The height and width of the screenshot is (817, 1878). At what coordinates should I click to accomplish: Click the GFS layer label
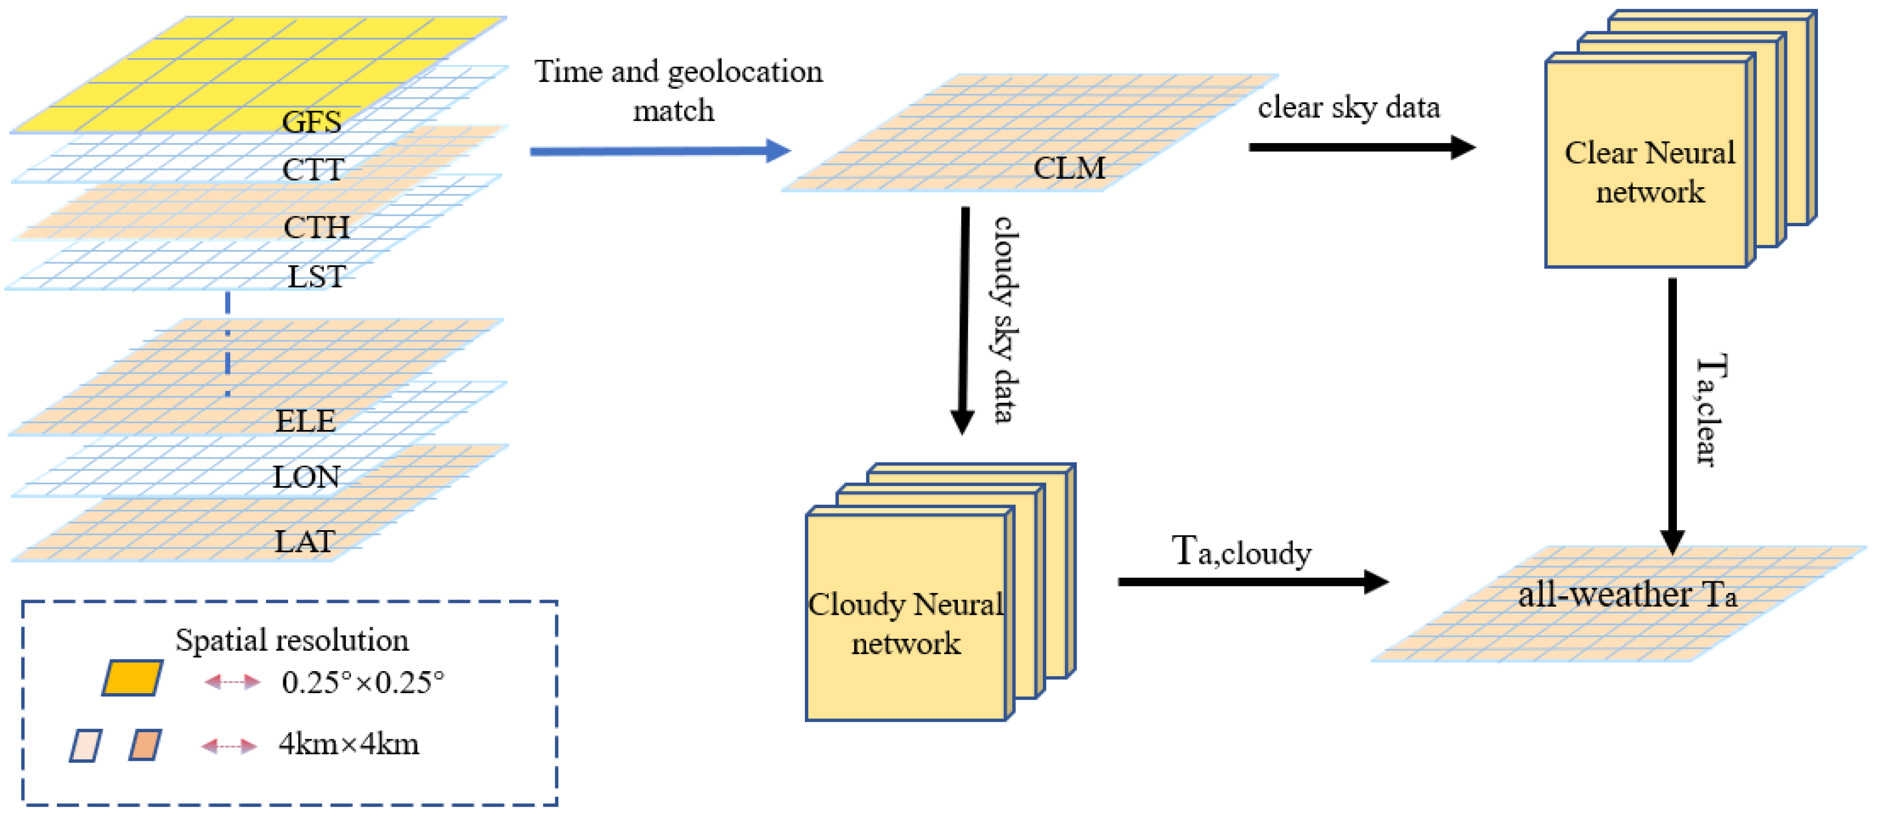[311, 122]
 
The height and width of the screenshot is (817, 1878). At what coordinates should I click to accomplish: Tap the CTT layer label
[313, 170]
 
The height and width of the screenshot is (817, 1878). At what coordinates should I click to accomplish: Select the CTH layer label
[316, 227]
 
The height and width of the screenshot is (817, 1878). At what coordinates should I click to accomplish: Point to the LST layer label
[316, 276]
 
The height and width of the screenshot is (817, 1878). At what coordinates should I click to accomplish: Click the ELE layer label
[305, 421]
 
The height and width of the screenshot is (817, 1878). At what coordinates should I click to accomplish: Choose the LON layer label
[306, 477]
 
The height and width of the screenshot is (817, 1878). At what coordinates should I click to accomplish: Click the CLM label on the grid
[1069, 168]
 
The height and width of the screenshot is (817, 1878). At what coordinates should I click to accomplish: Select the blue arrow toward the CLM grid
[660, 151]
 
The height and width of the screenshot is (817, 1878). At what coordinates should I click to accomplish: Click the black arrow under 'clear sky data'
[1361, 147]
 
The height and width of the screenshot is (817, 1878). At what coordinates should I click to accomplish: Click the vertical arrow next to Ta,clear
[1671, 416]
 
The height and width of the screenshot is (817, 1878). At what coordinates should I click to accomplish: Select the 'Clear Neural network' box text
[1650, 173]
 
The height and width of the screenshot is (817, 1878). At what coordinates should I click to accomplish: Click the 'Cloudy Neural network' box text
[906, 623]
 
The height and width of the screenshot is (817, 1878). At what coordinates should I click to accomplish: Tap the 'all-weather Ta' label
[1627, 594]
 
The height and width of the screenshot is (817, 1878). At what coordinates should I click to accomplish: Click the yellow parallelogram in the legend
[132, 678]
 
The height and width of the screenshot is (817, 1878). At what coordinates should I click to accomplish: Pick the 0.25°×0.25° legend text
[363, 682]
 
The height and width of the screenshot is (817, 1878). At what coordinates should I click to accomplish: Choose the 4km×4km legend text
[349, 744]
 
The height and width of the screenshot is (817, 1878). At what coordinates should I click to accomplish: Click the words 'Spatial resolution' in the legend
[291, 640]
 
